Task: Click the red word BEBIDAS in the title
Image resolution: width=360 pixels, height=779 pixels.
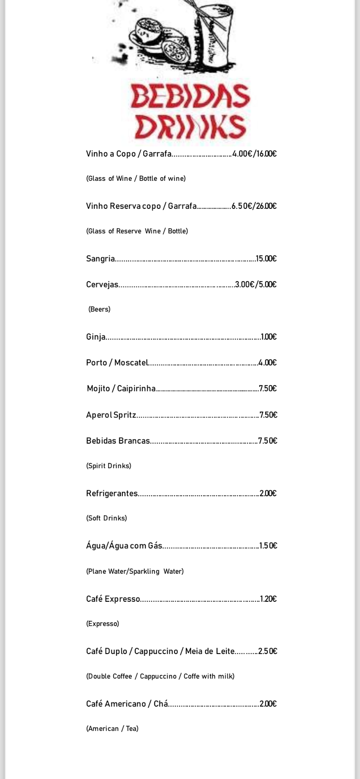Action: [x=190, y=97]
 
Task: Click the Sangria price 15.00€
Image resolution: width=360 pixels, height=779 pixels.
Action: [x=266, y=259]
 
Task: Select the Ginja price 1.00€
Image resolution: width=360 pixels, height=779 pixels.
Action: [x=269, y=337]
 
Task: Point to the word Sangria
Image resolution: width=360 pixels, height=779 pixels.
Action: [x=101, y=259]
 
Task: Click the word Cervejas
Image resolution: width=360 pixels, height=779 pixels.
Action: [x=102, y=285]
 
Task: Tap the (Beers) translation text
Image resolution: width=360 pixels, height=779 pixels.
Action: [x=99, y=309]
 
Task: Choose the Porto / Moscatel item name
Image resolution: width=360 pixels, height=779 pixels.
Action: [x=117, y=363]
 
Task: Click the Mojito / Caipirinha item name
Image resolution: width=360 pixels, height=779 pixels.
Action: [x=121, y=389]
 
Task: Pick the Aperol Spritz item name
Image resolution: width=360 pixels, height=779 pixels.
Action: [x=111, y=415]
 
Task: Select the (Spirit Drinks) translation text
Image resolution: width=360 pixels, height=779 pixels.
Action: [x=109, y=466]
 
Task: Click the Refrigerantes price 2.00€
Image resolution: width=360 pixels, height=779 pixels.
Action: [x=268, y=493]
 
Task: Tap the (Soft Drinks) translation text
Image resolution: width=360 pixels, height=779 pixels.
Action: [x=106, y=518]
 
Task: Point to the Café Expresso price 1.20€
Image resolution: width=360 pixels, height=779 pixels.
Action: [x=268, y=599]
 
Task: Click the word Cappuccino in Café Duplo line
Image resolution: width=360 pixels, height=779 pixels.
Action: [x=156, y=651]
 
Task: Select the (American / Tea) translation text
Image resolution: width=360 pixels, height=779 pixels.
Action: [x=112, y=728]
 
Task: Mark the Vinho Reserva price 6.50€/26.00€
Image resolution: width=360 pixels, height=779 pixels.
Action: [x=254, y=206]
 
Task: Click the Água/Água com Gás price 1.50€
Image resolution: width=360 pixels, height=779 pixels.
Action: [x=268, y=546]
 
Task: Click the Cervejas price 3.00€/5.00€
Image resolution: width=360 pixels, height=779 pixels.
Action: [x=256, y=285]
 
